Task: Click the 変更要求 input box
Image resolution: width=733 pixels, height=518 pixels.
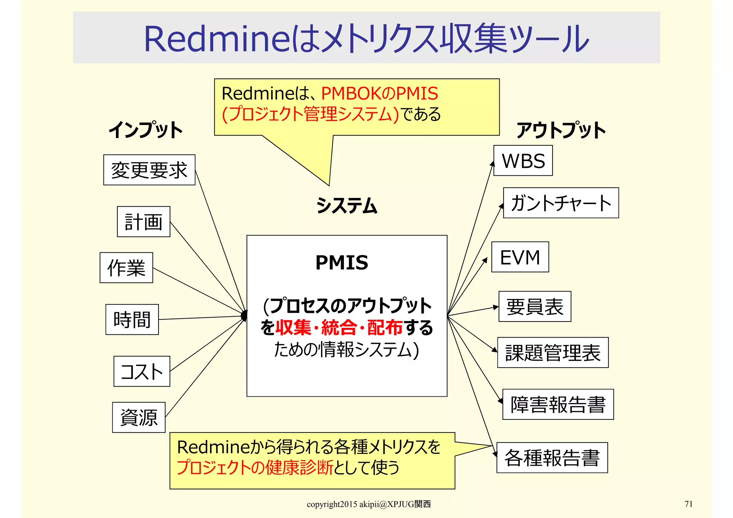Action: click(x=149, y=170)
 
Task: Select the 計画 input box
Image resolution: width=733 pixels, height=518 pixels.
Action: click(x=144, y=222)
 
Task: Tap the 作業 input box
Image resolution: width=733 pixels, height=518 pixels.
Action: click(x=126, y=268)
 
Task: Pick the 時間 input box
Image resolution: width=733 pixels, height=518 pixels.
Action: click(x=132, y=320)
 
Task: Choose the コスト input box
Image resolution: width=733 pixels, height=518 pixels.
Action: click(x=142, y=371)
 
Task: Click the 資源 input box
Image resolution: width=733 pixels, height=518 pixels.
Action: click(x=139, y=417)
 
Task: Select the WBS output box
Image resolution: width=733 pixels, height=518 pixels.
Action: click(x=523, y=161)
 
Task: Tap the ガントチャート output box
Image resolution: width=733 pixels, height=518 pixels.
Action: click(x=561, y=203)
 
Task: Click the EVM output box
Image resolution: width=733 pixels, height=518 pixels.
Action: click(x=520, y=257)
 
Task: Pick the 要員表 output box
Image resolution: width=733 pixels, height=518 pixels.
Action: click(x=535, y=307)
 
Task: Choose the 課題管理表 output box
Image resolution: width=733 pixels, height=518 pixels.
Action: click(x=553, y=353)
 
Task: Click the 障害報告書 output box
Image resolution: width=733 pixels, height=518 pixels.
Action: click(x=558, y=405)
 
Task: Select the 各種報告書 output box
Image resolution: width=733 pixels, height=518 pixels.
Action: click(x=552, y=458)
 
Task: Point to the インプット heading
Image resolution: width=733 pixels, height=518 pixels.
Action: click(x=146, y=130)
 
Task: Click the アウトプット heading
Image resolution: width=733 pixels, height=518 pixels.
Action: click(x=561, y=130)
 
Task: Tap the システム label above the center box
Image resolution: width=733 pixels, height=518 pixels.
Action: click(x=347, y=206)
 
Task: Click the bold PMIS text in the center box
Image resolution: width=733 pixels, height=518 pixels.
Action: click(x=342, y=262)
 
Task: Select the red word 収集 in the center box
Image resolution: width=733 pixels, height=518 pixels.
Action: click(x=293, y=328)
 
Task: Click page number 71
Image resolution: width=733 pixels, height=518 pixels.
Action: click(x=689, y=504)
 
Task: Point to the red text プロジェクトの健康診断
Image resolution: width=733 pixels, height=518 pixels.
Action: click(x=255, y=468)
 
